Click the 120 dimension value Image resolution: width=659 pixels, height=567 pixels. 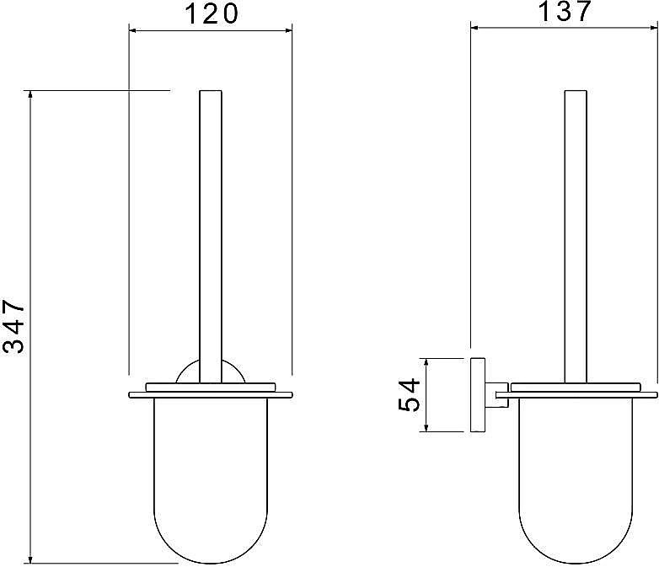tap(212, 13)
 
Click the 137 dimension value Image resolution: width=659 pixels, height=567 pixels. tap(565, 11)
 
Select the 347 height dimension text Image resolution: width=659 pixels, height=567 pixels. tap(13, 327)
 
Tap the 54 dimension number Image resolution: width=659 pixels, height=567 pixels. tap(409, 394)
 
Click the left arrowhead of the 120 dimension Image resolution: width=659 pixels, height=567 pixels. tap(132, 30)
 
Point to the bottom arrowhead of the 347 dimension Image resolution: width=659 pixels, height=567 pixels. tap(29, 559)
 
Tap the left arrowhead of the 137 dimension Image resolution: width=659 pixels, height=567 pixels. tap(474, 28)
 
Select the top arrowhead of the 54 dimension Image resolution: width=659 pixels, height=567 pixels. tap(426, 362)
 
